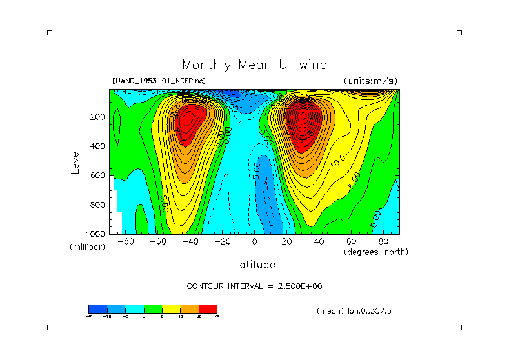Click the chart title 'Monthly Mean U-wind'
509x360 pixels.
tap(254, 65)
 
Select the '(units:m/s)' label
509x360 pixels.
tap(370, 81)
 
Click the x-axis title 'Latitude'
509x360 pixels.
tap(254, 265)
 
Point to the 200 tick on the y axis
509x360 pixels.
tap(97, 117)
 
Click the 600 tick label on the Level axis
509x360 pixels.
tap(97, 175)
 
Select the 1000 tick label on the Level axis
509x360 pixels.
tap(95, 234)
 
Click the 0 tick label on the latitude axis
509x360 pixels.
tap(254, 242)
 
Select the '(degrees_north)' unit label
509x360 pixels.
tap(376, 252)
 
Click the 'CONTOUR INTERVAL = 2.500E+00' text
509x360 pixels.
tap(254, 286)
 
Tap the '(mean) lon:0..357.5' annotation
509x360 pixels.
tap(354, 311)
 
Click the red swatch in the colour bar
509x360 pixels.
tap(208, 309)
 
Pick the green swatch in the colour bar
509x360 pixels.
tap(153, 309)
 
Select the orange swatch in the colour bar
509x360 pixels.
tap(190, 309)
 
